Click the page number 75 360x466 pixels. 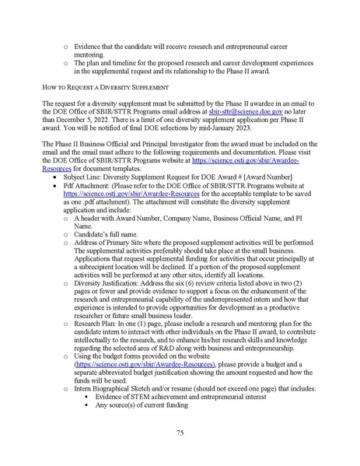(x=180, y=432)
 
